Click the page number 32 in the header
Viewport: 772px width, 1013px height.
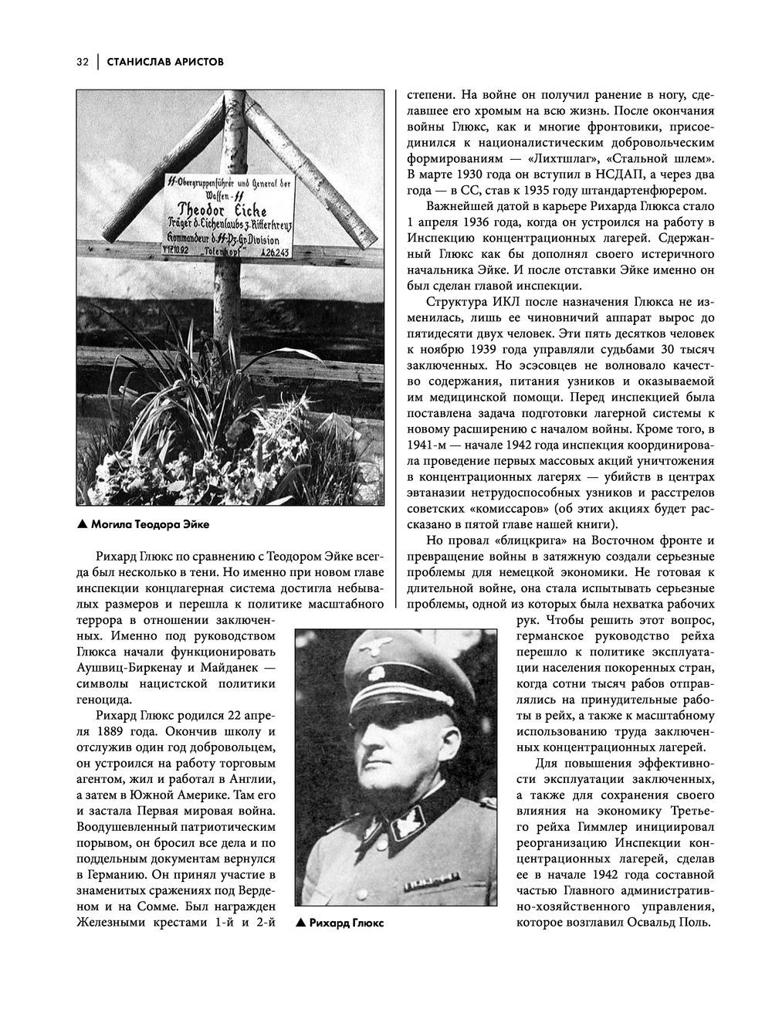click(83, 62)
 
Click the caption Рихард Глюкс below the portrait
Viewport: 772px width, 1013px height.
click(345, 923)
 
